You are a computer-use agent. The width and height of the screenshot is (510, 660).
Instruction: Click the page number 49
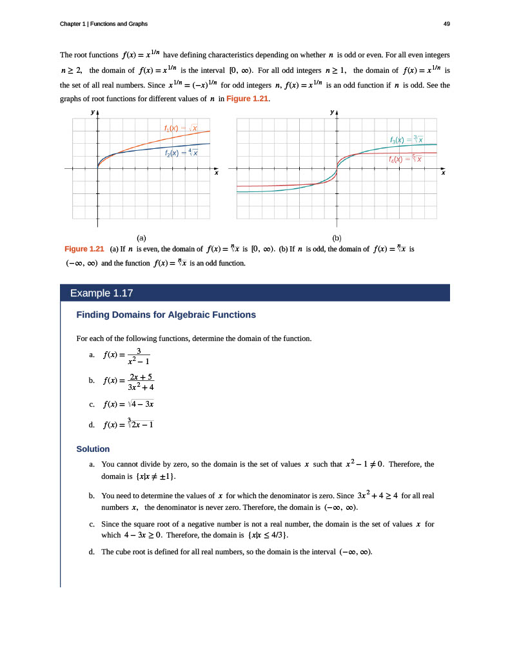(447, 24)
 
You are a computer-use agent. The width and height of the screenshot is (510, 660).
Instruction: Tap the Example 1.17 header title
(101, 293)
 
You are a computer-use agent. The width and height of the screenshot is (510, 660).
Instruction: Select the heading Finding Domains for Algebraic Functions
(166, 315)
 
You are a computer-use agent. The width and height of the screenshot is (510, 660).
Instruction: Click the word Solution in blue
(93, 449)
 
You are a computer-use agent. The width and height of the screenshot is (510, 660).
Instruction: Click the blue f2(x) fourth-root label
(181, 152)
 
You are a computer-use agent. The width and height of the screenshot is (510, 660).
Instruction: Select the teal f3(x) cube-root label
(406, 139)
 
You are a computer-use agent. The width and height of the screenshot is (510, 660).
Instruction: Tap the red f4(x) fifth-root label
(405, 159)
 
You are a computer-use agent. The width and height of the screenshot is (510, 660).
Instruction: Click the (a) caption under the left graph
(142, 238)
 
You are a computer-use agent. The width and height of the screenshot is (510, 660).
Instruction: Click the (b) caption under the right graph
(337, 238)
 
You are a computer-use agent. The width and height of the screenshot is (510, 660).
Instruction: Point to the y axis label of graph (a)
(93, 112)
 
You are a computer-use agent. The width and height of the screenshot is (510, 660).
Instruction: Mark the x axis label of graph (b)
(443, 173)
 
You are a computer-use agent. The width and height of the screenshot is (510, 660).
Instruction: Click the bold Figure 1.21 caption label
(84, 249)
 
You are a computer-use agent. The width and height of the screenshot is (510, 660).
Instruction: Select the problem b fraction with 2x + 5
(141, 382)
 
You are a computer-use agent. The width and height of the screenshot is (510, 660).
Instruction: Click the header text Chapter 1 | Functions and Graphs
(104, 24)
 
